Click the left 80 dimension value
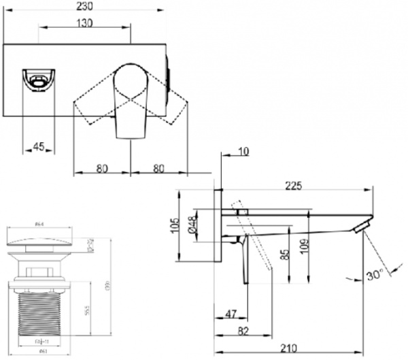[101, 165]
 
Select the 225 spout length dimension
[294, 184]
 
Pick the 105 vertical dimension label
[175, 225]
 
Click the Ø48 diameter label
[193, 225]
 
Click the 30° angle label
[373, 276]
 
